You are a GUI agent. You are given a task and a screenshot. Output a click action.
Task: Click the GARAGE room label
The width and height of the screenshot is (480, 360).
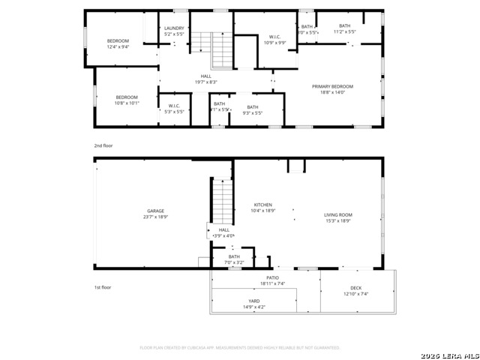tap(155, 211)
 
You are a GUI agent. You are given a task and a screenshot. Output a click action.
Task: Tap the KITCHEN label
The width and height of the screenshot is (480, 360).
tap(262, 205)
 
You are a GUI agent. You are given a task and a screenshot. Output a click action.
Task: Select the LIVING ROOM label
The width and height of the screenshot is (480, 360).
tap(338, 214)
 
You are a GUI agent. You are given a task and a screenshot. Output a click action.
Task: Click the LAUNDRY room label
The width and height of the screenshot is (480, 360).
tap(173, 28)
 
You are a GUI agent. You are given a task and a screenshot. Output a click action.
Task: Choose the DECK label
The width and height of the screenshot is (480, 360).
tap(355, 288)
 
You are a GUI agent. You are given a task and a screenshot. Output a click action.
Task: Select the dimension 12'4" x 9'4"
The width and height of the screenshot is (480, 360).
tap(118, 46)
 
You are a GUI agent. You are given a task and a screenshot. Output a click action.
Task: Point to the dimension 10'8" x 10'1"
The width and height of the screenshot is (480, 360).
tap(127, 103)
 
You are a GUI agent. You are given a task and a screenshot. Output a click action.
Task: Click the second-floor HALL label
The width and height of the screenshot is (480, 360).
tap(205, 76)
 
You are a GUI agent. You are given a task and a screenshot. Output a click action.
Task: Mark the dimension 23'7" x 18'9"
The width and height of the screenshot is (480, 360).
tap(155, 217)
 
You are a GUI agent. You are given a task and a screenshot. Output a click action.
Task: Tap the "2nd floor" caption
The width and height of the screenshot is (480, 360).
tap(103, 145)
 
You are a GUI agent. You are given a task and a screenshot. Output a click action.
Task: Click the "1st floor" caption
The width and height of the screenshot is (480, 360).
tap(103, 287)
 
